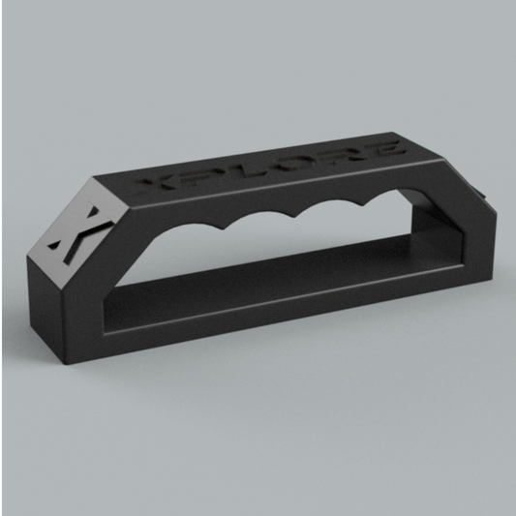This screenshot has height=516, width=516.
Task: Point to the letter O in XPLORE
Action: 294,161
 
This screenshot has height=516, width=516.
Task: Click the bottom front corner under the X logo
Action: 70,363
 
